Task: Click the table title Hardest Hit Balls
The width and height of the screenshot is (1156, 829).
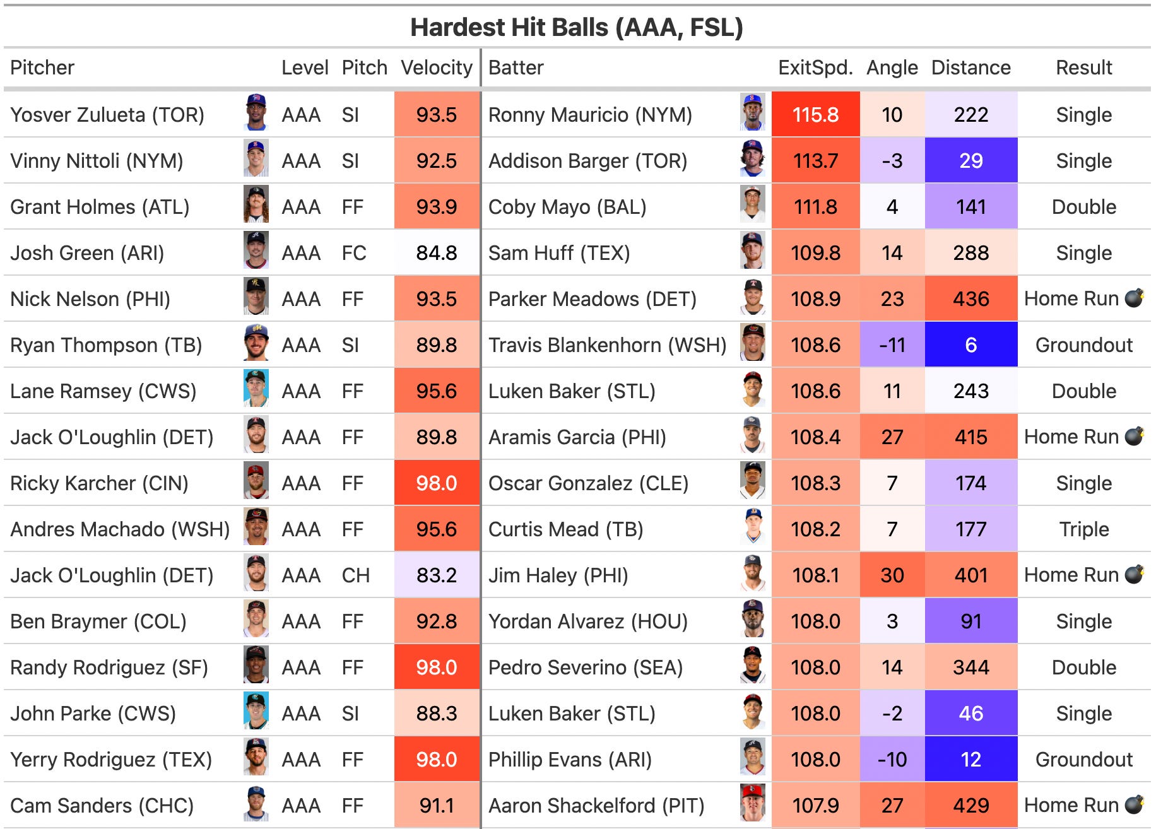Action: tap(509, 28)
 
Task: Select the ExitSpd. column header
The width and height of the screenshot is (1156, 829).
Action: tap(815, 68)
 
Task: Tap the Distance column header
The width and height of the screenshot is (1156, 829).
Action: tap(970, 68)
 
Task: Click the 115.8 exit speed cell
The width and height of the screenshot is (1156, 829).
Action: tap(815, 115)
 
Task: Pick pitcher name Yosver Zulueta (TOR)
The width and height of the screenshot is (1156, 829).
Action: tap(107, 115)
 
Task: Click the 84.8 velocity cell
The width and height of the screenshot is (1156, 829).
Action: tap(437, 253)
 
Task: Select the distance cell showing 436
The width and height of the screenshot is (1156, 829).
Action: tap(970, 299)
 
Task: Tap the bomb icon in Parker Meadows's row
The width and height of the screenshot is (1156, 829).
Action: tap(1135, 297)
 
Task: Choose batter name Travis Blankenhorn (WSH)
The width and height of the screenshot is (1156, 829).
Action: tap(608, 345)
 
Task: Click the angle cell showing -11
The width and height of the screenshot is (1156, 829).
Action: tap(892, 345)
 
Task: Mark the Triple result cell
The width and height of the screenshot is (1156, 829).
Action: tap(1084, 529)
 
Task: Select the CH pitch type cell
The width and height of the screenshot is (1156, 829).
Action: tap(356, 575)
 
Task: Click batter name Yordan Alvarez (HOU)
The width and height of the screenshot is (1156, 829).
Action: tap(588, 621)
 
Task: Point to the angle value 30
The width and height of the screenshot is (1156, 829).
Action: tap(892, 575)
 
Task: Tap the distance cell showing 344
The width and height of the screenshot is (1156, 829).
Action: tap(970, 667)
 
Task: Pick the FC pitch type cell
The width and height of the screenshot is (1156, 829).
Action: tap(354, 253)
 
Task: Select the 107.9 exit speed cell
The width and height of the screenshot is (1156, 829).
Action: tap(815, 806)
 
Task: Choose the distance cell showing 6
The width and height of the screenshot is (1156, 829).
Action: tap(970, 345)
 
